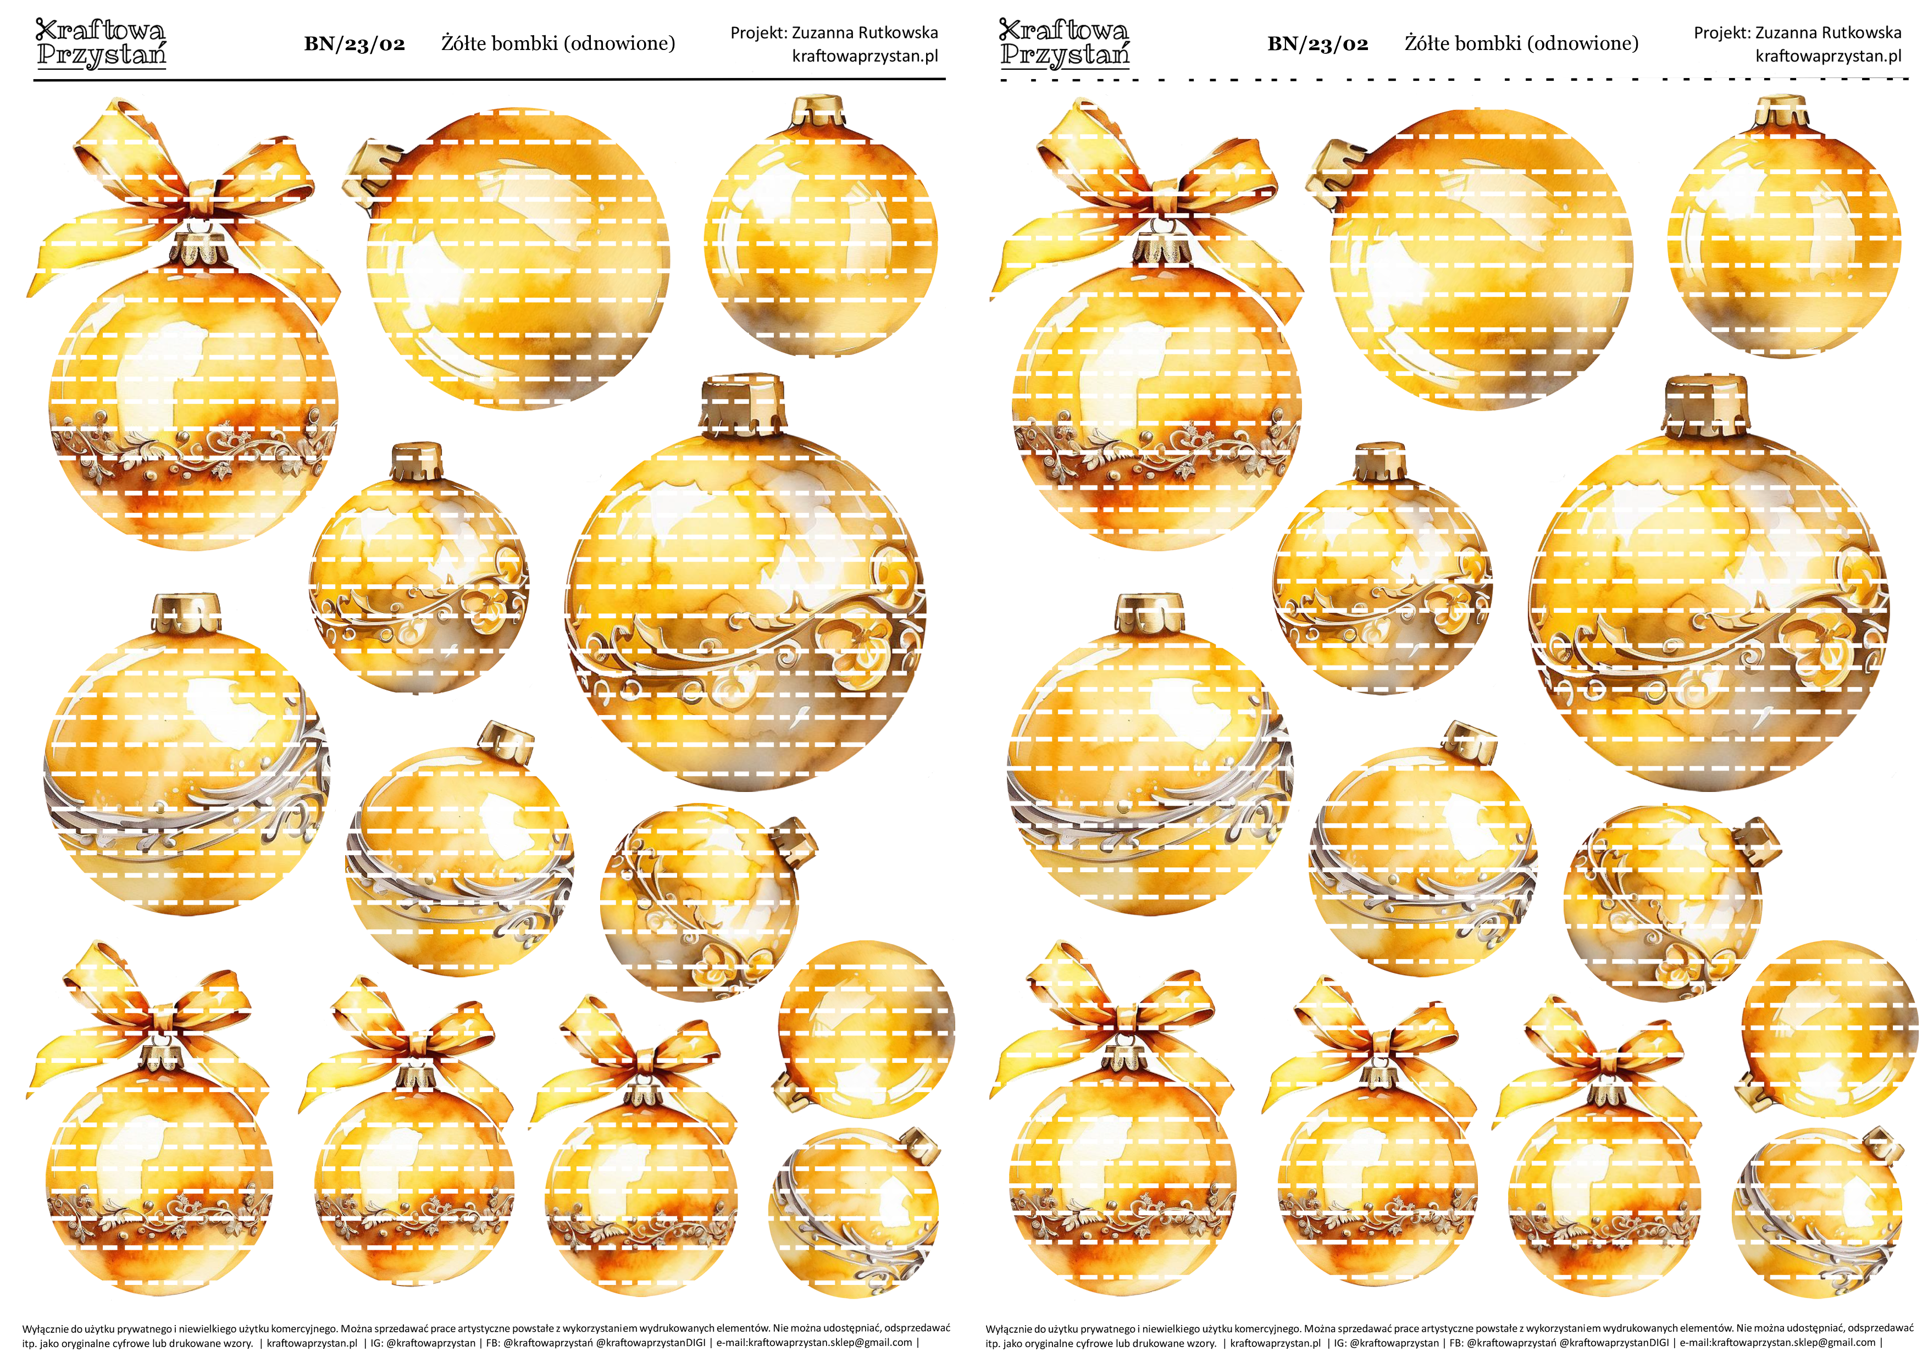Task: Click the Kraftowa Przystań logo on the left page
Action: (x=101, y=43)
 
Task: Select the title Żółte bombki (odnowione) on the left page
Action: (x=558, y=43)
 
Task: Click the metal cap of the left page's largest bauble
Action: (x=743, y=405)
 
